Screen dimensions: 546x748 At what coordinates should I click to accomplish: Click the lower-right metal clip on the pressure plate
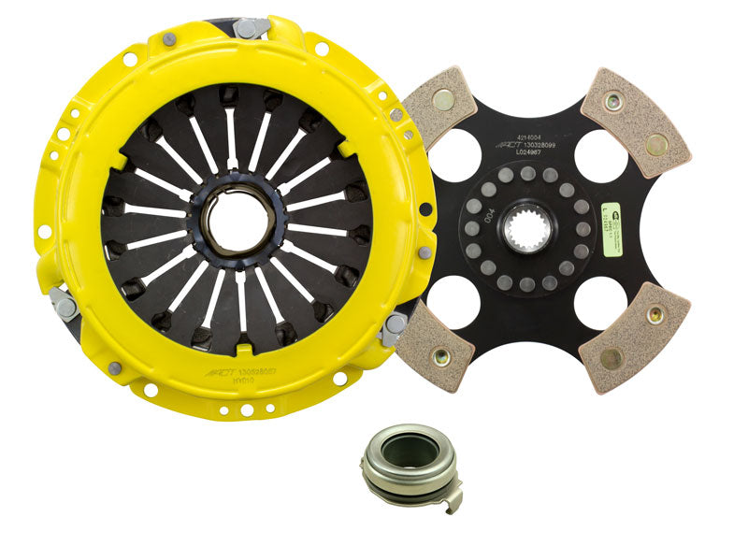(x=392, y=327)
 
